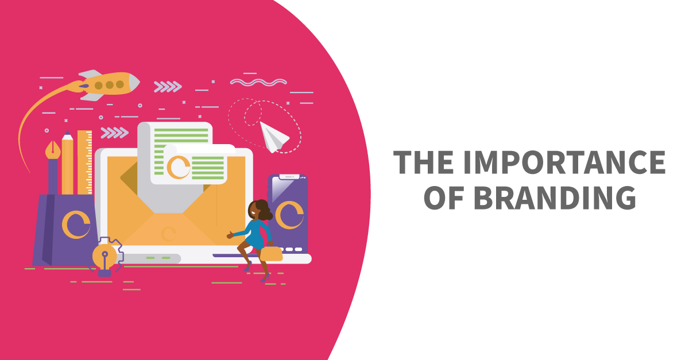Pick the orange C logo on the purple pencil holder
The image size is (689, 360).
point(76,225)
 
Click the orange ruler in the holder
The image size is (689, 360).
point(85,161)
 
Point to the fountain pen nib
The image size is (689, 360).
point(53,150)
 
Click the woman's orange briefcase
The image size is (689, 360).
point(273,253)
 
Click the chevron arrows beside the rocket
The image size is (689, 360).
point(168,87)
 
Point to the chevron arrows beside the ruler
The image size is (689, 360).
point(114,133)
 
